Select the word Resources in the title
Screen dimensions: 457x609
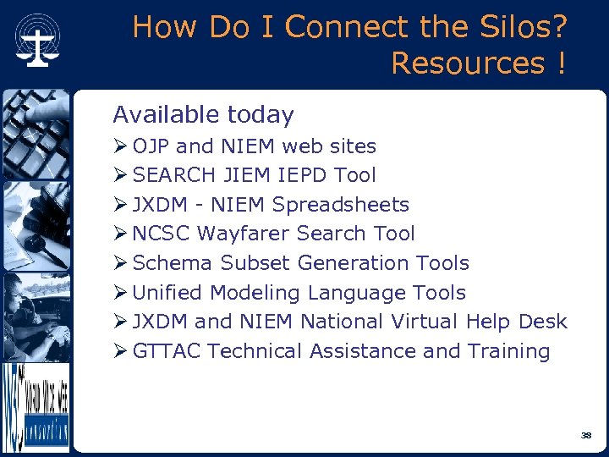[x=463, y=63]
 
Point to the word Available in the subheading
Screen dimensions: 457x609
[x=160, y=114]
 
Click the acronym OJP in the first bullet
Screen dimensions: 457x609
[x=151, y=146]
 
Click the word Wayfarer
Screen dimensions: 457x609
[x=238, y=234]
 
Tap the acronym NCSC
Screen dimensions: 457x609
[x=161, y=234]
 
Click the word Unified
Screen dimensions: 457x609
[x=168, y=293]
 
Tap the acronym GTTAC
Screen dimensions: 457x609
[x=167, y=351]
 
